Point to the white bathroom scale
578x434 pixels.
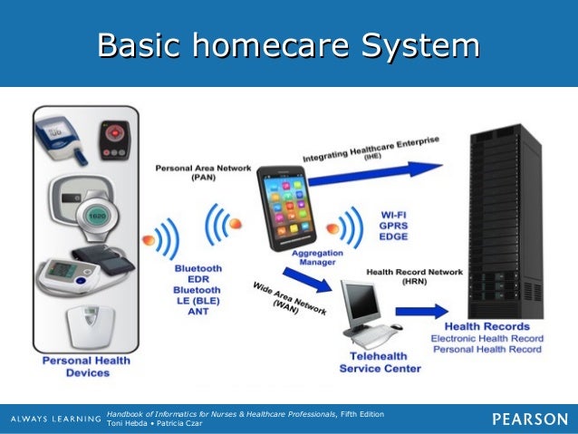tap(89, 327)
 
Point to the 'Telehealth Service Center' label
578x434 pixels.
tap(380, 362)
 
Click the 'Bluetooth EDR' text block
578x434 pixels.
tap(197, 275)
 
